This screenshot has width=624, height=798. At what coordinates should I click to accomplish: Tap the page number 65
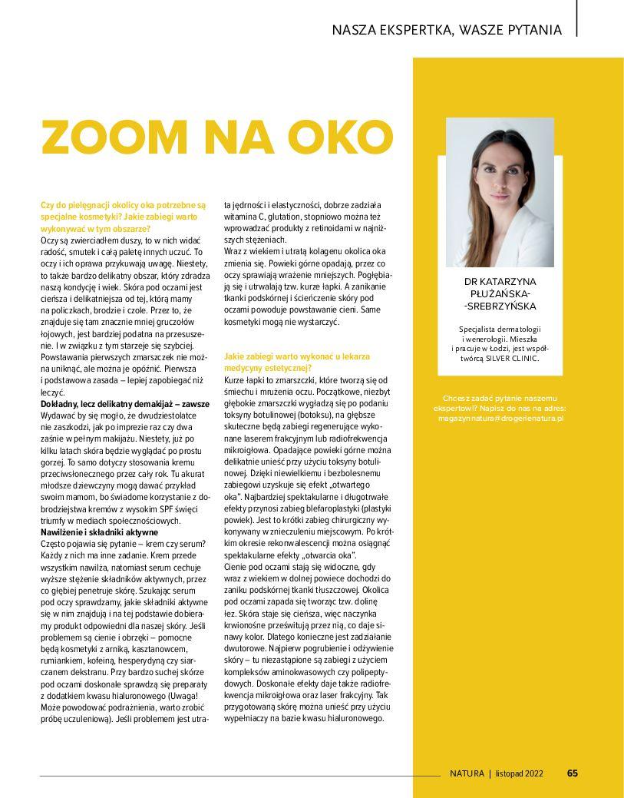click(573, 773)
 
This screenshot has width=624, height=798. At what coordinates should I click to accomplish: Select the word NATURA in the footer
click(467, 773)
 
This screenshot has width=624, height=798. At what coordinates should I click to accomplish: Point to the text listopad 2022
click(520, 773)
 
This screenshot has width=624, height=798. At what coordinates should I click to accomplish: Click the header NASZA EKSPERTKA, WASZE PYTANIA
click(447, 30)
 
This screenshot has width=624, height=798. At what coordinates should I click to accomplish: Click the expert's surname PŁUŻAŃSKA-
click(500, 294)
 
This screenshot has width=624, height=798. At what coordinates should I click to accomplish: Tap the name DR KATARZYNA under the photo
click(500, 282)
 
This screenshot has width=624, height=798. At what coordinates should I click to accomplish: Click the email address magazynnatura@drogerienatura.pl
click(500, 419)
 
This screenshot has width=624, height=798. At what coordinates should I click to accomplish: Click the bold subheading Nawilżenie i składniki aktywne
click(99, 531)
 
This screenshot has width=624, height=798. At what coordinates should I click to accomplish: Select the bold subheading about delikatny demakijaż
click(124, 403)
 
